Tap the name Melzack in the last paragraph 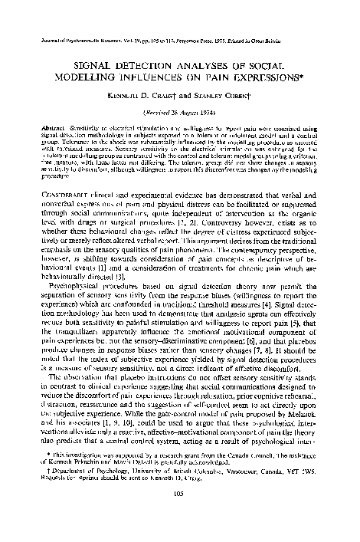tap(309, 418)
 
